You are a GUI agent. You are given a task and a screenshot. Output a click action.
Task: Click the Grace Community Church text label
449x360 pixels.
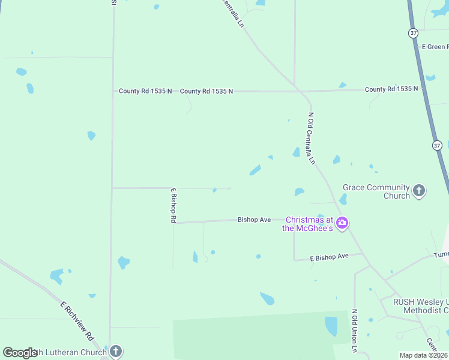coord(376,191)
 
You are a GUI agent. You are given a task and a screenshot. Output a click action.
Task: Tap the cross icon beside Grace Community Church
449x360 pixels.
coord(419,191)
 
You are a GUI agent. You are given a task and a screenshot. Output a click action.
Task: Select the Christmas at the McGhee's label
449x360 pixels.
coord(309,224)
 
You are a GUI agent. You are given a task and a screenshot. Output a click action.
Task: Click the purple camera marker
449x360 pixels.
coord(342,223)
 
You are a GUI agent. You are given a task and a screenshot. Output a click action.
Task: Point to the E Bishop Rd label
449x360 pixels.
coord(173,205)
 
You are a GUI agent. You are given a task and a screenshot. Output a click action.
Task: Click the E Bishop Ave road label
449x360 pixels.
coord(329,257)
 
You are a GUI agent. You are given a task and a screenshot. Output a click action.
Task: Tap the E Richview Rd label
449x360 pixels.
coord(78,319)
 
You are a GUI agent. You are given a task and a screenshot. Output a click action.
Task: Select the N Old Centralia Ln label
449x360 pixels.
coord(311,138)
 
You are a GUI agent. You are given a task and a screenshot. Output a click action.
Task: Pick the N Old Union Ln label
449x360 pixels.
coord(355,331)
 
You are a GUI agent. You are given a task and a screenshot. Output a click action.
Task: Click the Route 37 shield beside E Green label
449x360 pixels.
coord(413,33)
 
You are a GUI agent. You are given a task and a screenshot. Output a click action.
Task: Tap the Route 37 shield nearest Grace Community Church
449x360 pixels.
coord(436,145)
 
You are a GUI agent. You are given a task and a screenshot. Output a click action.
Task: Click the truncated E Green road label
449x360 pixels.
coord(435,46)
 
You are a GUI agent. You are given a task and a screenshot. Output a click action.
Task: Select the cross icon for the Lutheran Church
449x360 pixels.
coord(116,352)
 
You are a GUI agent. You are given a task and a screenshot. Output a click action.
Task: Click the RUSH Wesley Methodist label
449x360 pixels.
coord(420,306)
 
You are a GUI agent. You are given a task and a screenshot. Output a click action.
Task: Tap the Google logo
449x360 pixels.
coord(19,353)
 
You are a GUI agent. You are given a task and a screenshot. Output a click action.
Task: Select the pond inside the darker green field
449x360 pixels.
coord(331,326)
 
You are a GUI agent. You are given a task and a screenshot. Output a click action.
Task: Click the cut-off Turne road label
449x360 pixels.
coord(441,255)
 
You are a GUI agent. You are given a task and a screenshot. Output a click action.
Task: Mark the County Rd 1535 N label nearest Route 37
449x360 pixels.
coord(391,89)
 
